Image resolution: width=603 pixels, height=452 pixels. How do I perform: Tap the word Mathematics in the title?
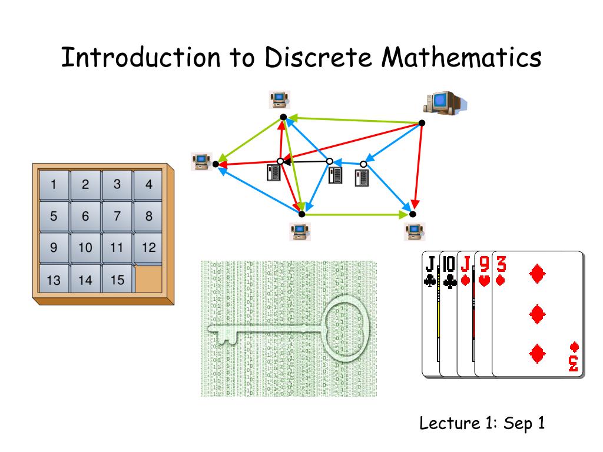[461, 58]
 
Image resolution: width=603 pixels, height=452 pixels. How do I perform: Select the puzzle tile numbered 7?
[117, 216]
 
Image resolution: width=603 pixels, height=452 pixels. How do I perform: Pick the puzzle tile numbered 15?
[117, 280]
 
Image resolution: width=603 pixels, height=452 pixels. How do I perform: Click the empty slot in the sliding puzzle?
[148, 279]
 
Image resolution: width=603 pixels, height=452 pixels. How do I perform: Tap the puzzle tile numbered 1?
[54, 184]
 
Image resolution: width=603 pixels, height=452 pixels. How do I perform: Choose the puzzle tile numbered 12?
[149, 248]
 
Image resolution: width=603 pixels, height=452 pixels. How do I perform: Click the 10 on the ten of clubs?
[449, 261]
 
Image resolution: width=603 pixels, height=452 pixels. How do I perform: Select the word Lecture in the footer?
[442, 423]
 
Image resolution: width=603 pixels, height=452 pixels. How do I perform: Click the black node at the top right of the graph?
[422, 123]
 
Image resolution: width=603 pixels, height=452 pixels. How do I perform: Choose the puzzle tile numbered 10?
[85, 248]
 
